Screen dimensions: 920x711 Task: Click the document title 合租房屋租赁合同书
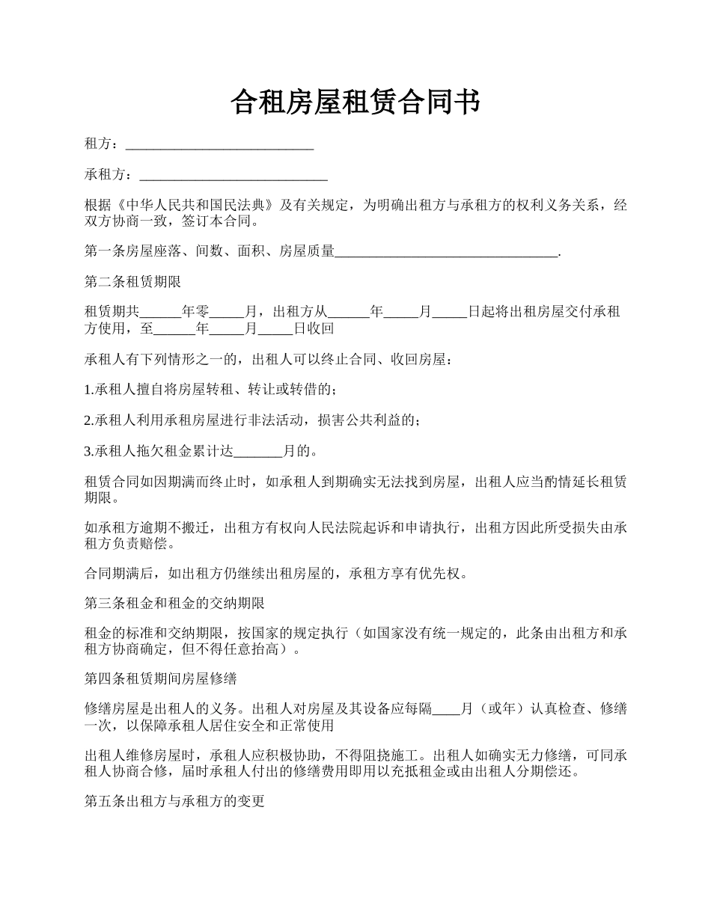pyautogui.click(x=355, y=103)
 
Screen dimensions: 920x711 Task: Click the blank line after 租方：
pyautogui.click(x=219, y=144)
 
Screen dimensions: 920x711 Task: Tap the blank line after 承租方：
pyautogui.click(x=234, y=176)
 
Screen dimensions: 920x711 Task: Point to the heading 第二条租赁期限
pyautogui.click(x=132, y=283)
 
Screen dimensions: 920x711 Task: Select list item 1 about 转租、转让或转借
pyautogui.click(x=210, y=390)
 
